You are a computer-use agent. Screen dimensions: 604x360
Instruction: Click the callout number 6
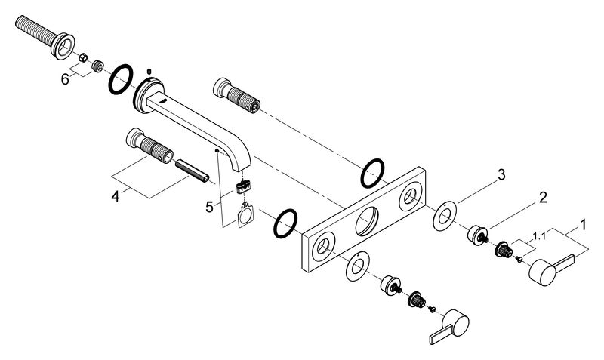(65, 79)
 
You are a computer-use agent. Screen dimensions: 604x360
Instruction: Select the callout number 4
(116, 196)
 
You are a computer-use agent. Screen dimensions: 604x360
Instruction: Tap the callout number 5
(209, 207)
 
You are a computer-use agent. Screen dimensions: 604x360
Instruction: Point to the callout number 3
(501, 175)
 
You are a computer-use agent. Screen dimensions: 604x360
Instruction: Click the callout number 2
(542, 198)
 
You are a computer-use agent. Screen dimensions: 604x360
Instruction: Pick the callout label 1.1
(539, 236)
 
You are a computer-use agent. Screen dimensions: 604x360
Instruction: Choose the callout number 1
(583, 224)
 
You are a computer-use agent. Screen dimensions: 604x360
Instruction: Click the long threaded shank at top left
(45, 37)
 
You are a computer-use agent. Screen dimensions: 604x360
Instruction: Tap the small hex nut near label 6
(83, 58)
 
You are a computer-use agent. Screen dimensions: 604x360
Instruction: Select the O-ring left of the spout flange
(121, 79)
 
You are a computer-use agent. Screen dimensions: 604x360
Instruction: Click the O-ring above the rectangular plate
(372, 174)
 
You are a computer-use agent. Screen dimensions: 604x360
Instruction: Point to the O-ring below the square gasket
(285, 223)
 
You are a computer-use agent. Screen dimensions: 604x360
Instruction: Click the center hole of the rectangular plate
(367, 220)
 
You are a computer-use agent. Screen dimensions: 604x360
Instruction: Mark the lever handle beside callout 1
(551, 269)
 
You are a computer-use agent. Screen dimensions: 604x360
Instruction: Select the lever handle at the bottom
(448, 326)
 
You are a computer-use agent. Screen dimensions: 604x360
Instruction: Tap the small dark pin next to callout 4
(192, 171)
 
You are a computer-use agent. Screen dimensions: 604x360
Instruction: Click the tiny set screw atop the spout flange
(149, 71)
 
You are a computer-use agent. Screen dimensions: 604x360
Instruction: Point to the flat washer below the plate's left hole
(357, 266)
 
